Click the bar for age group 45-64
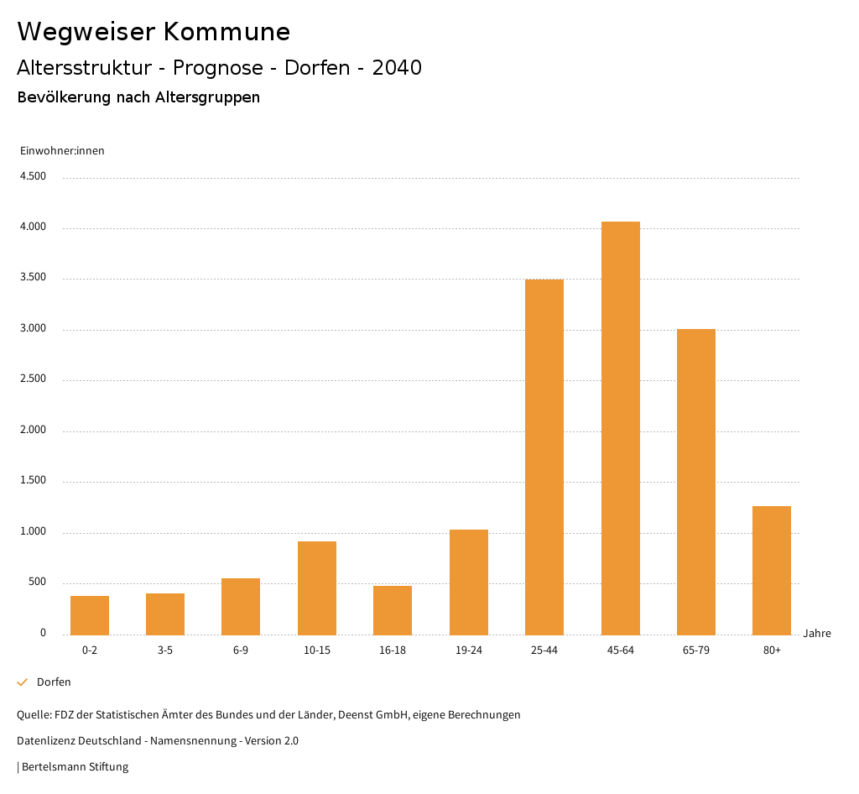(620, 428)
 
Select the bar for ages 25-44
(544, 457)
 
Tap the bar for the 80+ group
(772, 571)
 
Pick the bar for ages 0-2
(90, 615)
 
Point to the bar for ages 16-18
(393, 610)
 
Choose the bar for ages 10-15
(317, 588)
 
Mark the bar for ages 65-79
(696, 482)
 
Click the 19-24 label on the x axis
(469, 650)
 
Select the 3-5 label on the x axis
(165, 650)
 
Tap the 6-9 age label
(241, 650)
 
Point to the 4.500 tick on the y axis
(33, 176)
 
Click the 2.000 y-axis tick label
(33, 431)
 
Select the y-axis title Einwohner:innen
(62, 151)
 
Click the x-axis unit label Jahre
(817, 634)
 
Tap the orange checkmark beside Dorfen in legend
(23, 682)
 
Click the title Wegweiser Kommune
(154, 32)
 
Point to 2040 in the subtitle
(397, 68)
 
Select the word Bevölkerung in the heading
(65, 97)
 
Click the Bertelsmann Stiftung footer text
(75, 767)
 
